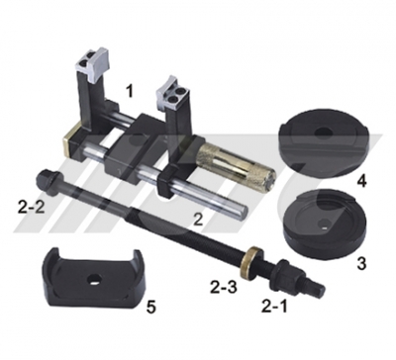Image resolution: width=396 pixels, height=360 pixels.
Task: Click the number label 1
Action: point(130,91)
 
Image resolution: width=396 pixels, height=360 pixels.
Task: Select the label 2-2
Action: point(31,208)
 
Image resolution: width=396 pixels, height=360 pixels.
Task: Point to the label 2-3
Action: point(224,288)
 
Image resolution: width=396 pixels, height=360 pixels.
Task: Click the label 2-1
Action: point(274,307)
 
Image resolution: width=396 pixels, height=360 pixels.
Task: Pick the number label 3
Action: point(361,263)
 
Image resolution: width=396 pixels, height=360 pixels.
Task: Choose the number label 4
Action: point(362,181)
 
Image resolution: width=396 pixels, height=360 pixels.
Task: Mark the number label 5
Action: point(151,308)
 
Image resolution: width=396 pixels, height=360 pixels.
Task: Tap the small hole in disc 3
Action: point(324,226)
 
